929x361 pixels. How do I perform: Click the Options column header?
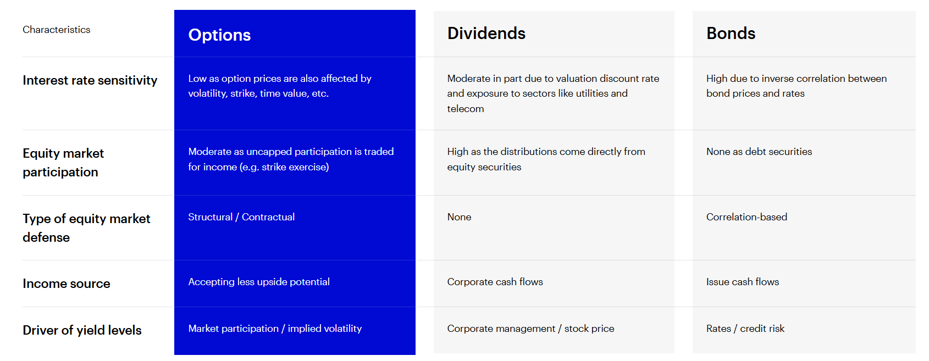coord(219,35)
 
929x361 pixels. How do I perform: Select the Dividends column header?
coord(486,33)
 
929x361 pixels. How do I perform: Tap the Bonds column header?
coord(731,33)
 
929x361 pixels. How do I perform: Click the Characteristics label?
coord(57,30)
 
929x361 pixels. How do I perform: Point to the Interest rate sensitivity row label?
coord(90,80)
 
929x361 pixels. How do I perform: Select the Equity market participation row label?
coord(63,163)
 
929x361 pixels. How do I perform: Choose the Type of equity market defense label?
coord(86,228)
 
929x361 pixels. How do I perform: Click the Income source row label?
coord(67,284)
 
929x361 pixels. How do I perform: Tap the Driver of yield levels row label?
coord(82,330)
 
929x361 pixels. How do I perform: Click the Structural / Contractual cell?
coord(241,217)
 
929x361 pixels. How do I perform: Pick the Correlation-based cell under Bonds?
coord(746,217)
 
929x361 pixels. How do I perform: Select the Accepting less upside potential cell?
coord(259,282)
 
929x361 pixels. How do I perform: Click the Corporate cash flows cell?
coord(495,282)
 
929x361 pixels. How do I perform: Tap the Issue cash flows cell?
coord(742,282)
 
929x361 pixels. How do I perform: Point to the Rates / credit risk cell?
coord(745,329)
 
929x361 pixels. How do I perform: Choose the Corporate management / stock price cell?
coord(530,329)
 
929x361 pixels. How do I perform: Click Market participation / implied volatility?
coord(275,329)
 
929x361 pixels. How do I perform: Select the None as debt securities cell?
coord(759,152)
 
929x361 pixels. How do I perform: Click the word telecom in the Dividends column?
coord(466,109)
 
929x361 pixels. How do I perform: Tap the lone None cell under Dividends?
coord(459,217)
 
